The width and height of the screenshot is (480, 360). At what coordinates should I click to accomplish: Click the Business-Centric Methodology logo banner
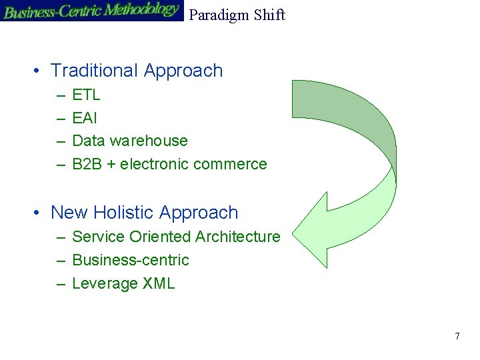pos(91,11)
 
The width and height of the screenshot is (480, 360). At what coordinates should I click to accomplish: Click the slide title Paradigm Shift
pos(237,15)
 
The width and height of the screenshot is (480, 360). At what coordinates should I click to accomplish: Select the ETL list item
pos(86,95)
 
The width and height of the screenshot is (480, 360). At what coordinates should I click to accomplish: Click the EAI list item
pos(85,118)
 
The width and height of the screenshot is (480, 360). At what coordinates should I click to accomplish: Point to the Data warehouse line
pos(129,141)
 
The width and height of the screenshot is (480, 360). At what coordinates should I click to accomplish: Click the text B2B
pos(86,164)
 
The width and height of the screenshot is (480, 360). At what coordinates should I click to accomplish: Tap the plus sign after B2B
pos(110,165)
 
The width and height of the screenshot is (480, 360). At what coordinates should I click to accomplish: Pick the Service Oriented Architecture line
pos(176,237)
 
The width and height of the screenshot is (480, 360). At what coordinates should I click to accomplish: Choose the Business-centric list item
pos(130,260)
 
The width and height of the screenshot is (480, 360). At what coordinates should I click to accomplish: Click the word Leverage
pos(105,283)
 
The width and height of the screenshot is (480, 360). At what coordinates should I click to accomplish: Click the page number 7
pos(457,336)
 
